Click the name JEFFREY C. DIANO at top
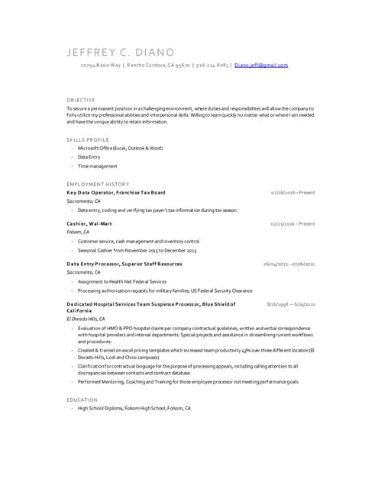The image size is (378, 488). coord(121,52)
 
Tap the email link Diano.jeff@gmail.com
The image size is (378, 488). coord(261,66)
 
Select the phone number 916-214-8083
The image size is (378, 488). coord(212,66)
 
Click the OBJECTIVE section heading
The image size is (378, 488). coord(81,100)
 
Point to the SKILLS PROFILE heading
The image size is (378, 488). coord(87,140)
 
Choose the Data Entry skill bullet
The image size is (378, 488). coord(89,156)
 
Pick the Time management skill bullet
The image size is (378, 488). coord(97,165)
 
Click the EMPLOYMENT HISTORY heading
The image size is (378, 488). coord(97,184)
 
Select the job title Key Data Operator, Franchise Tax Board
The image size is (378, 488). coord(115,193)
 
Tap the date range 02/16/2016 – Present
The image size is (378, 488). coord(292,193)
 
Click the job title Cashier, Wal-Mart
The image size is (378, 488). coord(89,223)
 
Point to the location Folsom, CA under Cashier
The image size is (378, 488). coord(78,232)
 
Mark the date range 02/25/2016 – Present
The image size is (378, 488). coord(292,223)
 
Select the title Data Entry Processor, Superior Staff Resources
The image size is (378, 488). coord(124,264)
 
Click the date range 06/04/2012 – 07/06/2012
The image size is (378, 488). coord(289,264)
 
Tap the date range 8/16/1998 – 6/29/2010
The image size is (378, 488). coord(291,303)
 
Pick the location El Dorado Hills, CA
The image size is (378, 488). coord(86,319)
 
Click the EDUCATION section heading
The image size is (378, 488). coord(82,400)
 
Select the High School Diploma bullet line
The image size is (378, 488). coord(134,409)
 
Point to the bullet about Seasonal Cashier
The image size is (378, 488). coord(137,250)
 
